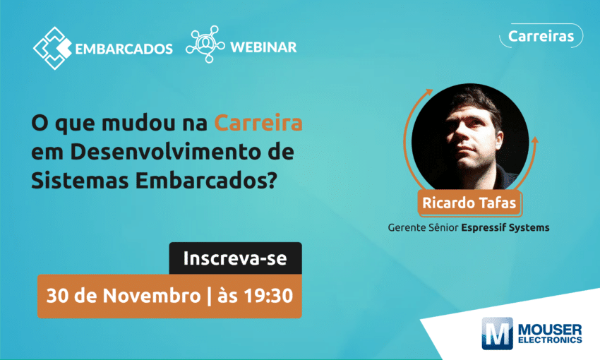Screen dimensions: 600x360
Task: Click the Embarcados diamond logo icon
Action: (52, 48)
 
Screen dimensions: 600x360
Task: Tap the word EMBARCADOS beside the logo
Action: (124, 49)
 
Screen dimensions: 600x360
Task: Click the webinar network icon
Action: (205, 44)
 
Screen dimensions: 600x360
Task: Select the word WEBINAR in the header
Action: (263, 47)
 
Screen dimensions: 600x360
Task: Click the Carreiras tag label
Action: (541, 36)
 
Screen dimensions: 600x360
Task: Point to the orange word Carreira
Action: (258, 123)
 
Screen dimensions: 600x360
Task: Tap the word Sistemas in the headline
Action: (80, 181)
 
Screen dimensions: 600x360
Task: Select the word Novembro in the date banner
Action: (152, 296)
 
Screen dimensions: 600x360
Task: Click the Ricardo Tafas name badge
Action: (469, 203)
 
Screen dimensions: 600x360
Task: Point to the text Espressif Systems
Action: (505, 227)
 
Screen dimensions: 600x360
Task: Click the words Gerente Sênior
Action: (423, 227)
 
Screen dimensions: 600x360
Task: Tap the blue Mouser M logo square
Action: (497, 333)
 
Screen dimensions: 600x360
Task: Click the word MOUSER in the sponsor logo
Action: (550, 330)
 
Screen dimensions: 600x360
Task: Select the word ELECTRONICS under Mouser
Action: (550, 340)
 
